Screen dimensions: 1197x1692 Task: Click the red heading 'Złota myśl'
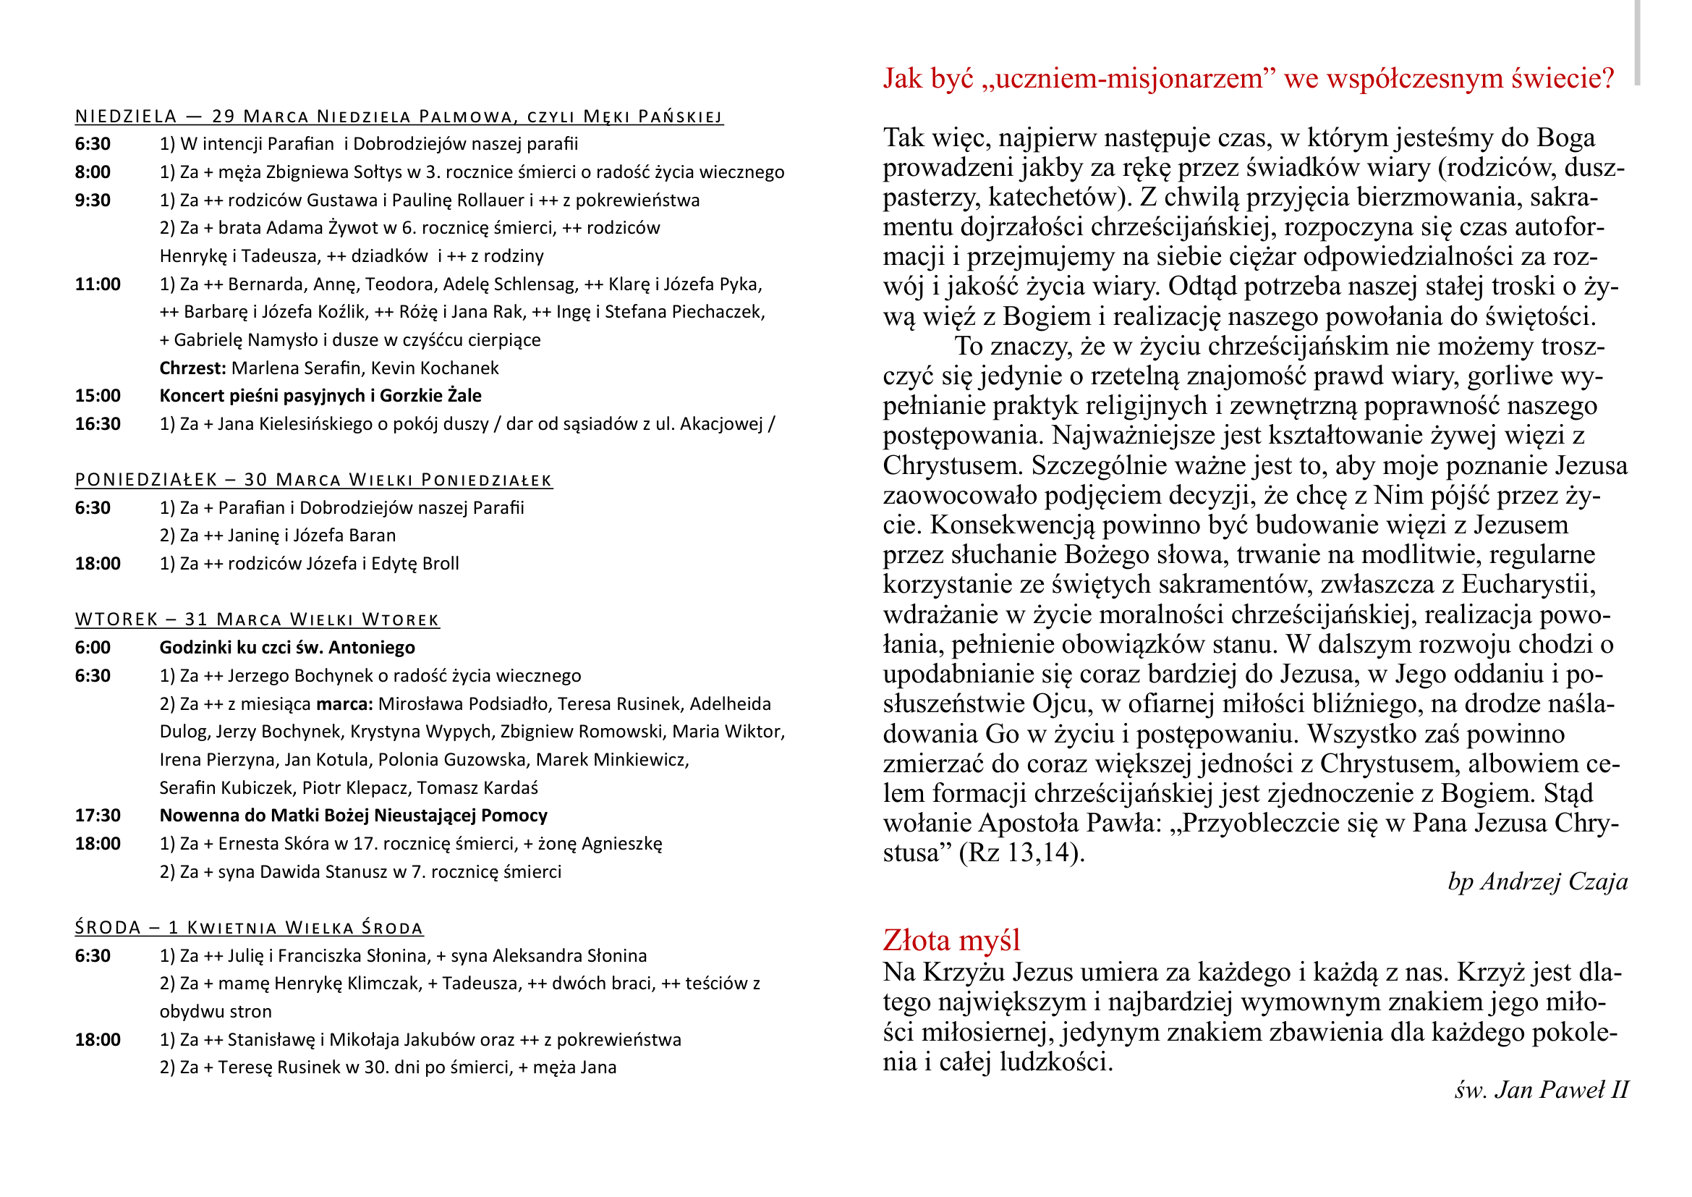[x=951, y=941]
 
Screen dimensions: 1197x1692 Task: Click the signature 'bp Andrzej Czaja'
[x=1537, y=881]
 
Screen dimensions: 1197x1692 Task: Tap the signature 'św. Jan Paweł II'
[x=1541, y=1089]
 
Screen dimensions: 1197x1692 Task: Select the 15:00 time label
[x=97, y=396]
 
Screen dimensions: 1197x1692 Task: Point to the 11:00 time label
[x=97, y=284]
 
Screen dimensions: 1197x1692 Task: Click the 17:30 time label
[x=97, y=816]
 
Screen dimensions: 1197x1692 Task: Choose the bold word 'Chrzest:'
[x=192, y=368]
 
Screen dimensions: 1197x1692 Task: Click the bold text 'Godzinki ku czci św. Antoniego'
[x=286, y=648]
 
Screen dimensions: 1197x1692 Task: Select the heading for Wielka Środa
[x=249, y=927]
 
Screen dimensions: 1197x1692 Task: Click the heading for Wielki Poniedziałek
[x=313, y=480]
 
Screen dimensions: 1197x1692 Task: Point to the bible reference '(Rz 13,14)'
[x=1021, y=853]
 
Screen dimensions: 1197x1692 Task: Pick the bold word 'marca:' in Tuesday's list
[x=345, y=704]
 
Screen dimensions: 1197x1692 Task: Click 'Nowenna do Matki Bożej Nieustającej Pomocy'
[x=353, y=816]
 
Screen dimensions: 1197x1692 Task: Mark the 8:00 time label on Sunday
[x=92, y=172]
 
